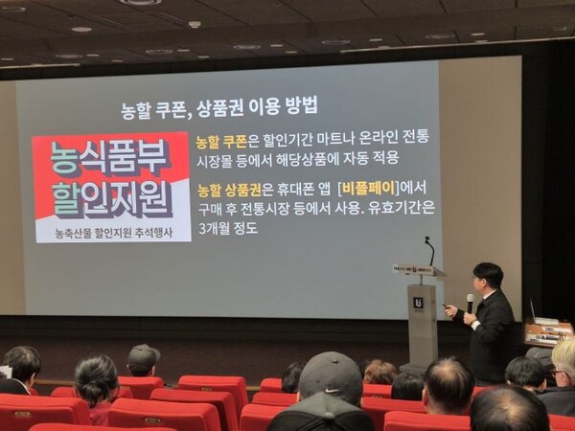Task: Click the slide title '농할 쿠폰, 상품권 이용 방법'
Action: pyautogui.click(x=219, y=107)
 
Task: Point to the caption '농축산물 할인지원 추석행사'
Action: pyautogui.click(x=113, y=233)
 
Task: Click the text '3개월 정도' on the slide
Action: pyautogui.click(x=227, y=228)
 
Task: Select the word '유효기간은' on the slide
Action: pyautogui.click(x=402, y=208)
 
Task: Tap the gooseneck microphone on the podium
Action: pyautogui.click(x=430, y=251)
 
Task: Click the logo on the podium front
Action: pyautogui.click(x=419, y=303)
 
